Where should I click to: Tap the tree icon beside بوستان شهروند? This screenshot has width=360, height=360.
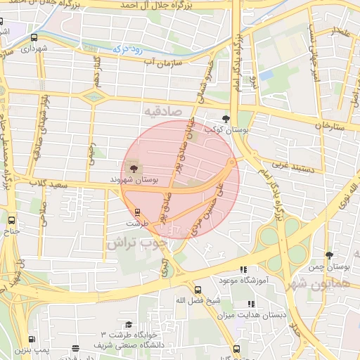[x=134, y=169]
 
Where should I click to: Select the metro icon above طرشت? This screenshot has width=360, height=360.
[x=136, y=212]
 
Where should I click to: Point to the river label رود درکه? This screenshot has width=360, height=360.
[x=130, y=50]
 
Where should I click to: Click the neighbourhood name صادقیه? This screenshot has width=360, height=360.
[x=163, y=112]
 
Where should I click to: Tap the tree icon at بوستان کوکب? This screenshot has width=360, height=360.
[x=225, y=119]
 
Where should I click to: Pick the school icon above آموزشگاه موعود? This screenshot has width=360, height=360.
[x=243, y=269]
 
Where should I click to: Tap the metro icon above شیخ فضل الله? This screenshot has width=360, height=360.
[x=198, y=290]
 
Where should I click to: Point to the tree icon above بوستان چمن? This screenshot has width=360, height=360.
[x=329, y=255]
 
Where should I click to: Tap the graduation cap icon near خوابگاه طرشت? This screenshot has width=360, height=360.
[x=129, y=324]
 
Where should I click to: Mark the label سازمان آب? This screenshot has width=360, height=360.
[x=163, y=63]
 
